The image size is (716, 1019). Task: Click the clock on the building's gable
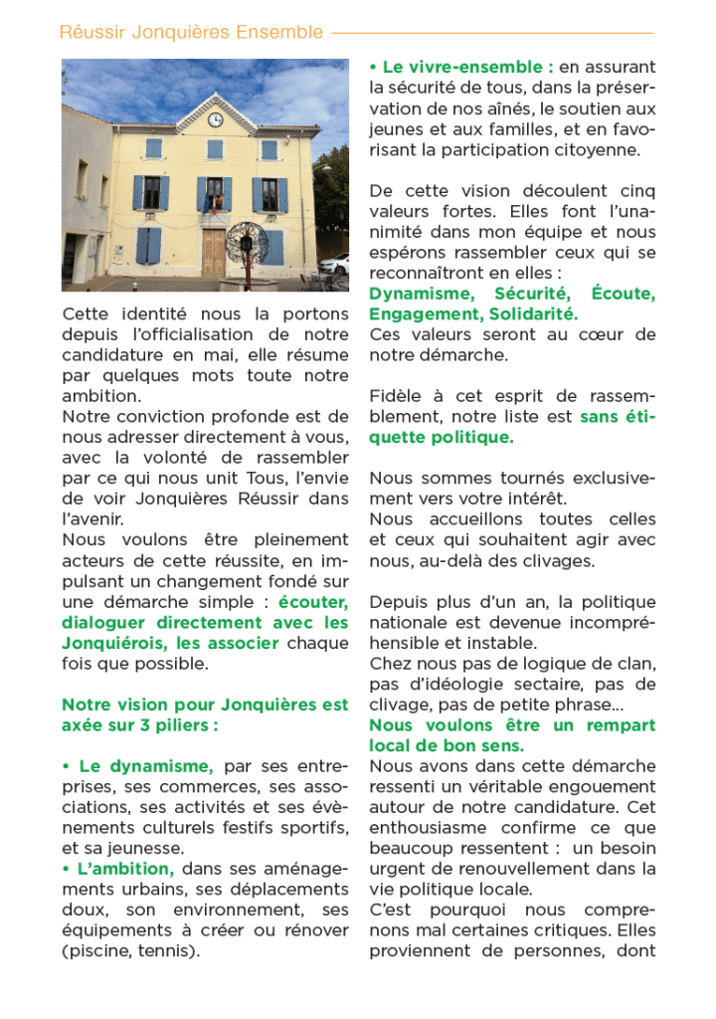click(216, 119)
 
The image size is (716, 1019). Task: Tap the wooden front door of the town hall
click(215, 253)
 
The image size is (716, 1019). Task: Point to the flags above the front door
click(211, 203)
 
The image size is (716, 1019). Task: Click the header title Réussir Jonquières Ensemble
click(191, 32)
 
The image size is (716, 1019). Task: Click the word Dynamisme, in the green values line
click(417, 294)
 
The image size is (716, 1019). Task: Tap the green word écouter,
click(313, 601)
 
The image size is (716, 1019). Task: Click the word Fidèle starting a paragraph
click(397, 396)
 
